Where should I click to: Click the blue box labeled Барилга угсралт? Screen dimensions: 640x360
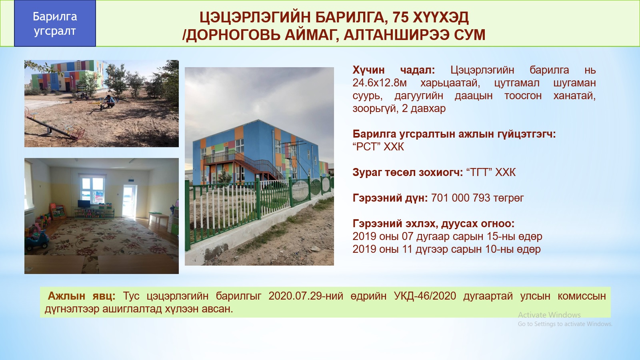(x=55, y=24)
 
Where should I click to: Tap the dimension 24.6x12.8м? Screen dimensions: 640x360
(x=380, y=83)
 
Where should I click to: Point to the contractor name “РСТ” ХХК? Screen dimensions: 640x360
(x=378, y=147)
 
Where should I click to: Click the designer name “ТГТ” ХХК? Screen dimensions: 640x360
(x=491, y=172)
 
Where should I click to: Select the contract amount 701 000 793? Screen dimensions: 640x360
(x=460, y=198)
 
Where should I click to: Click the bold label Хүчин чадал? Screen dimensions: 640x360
(x=394, y=70)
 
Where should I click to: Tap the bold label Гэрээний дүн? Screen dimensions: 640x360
(x=390, y=198)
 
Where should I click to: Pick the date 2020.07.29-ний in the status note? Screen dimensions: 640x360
(x=306, y=296)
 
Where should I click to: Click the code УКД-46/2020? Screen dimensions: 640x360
(x=425, y=296)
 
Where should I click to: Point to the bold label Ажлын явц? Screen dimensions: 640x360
(x=82, y=296)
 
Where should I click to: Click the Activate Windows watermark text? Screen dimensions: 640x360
(x=549, y=315)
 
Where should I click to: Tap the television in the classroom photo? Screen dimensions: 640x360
(x=84, y=204)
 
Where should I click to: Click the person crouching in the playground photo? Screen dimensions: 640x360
(x=109, y=101)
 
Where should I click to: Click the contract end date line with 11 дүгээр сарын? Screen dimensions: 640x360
(x=446, y=250)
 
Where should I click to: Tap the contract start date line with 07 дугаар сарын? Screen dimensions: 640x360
(x=447, y=236)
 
